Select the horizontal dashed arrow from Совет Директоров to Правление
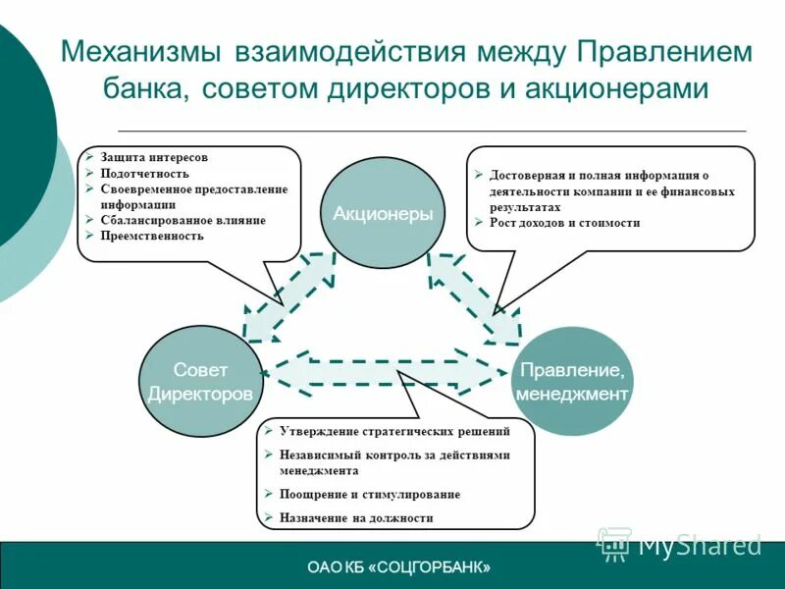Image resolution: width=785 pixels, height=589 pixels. coord(388,371)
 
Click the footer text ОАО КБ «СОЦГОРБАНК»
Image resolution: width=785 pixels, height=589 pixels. coord(399,567)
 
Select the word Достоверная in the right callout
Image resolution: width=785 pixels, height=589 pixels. coord(529,176)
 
